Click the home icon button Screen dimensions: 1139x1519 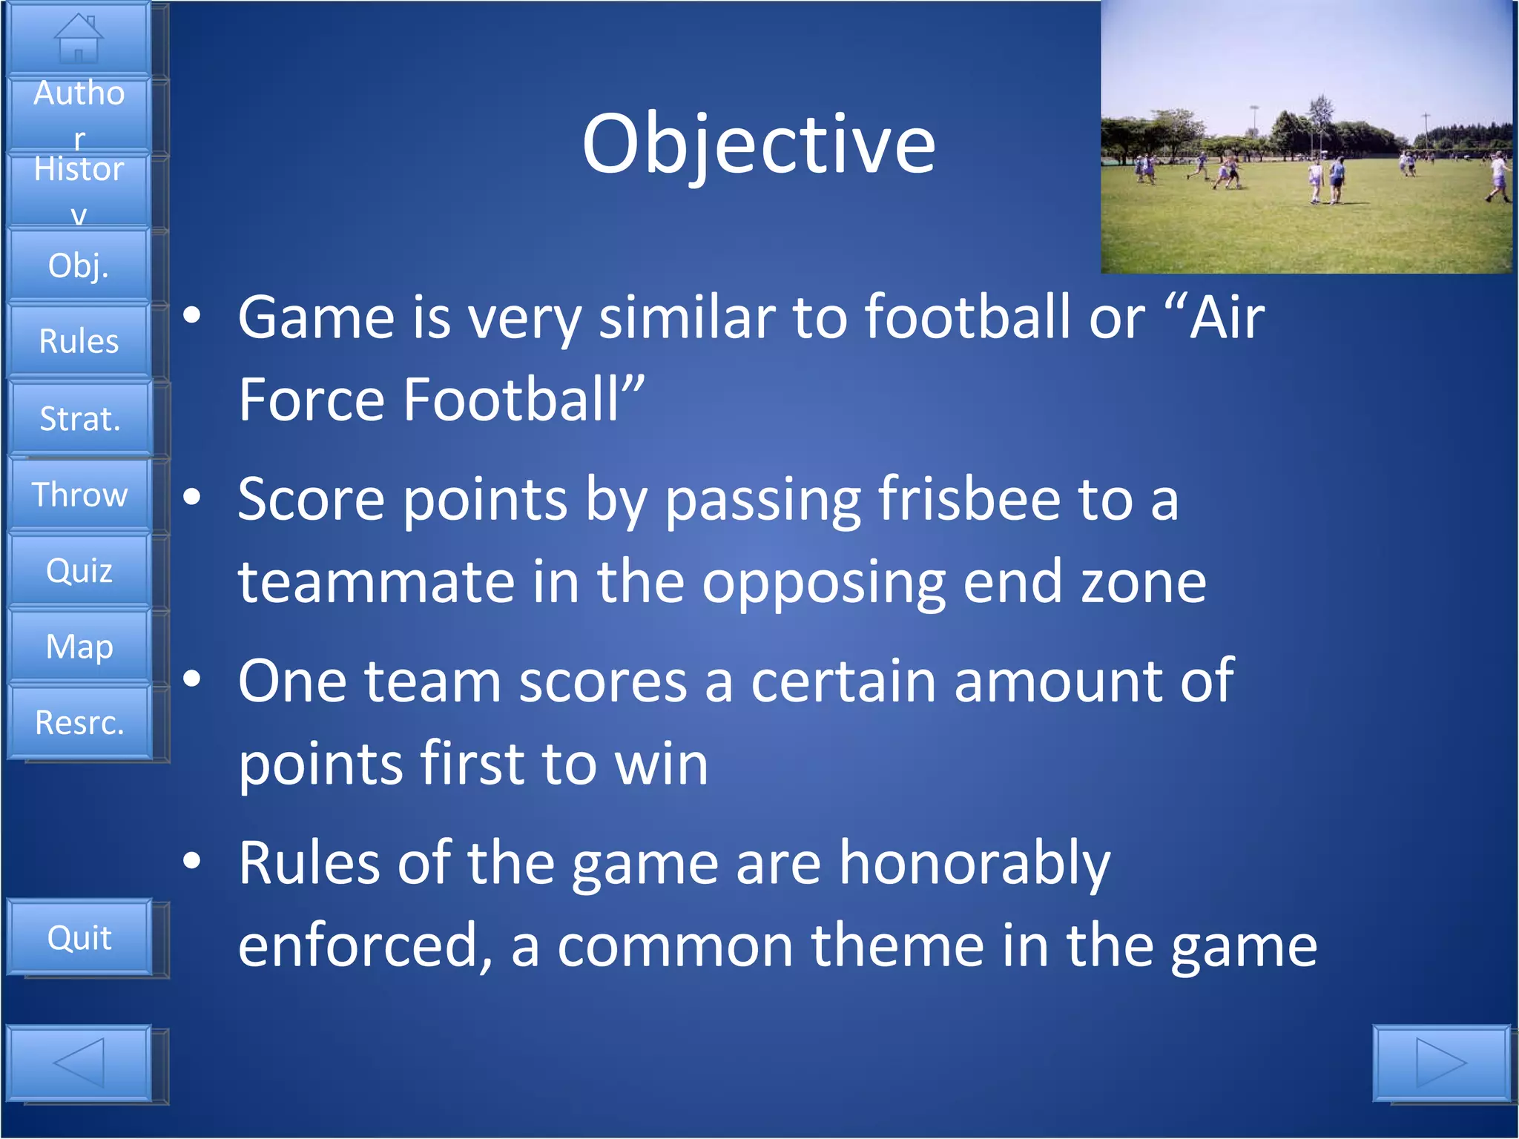coord(79,39)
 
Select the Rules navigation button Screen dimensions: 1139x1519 coord(79,341)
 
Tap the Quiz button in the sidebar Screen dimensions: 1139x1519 coord(79,571)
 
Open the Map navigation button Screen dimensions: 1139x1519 coord(79,647)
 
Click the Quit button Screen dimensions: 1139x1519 coord(79,938)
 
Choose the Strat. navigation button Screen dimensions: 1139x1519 coord(79,419)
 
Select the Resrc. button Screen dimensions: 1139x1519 coord(79,723)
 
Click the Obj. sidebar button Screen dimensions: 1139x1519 coord(79,265)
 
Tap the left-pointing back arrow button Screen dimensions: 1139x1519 coord(79,1063)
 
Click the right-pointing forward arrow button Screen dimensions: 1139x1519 coord(1440,1063)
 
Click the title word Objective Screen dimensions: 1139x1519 coord(758,145)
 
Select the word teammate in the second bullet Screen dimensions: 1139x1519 coord(376,583)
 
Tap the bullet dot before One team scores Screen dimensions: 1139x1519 coord(192,679)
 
